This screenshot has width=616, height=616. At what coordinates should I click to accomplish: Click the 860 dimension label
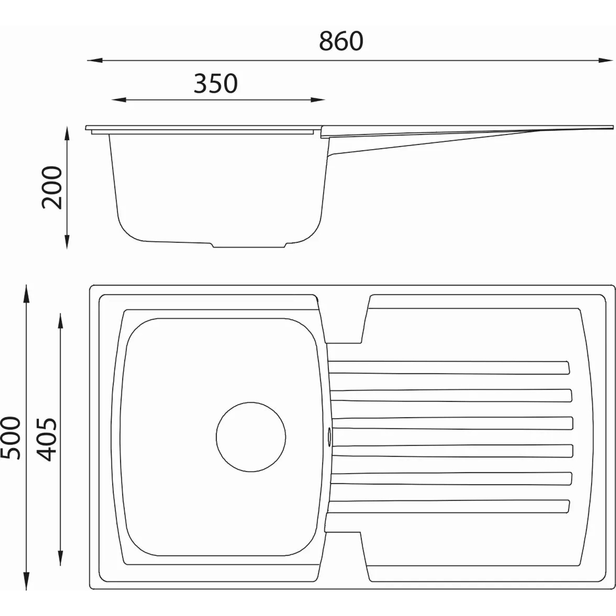pos(341,41)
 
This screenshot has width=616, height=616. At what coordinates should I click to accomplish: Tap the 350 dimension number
pos(216,83)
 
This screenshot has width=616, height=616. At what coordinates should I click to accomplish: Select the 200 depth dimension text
pos(52,188)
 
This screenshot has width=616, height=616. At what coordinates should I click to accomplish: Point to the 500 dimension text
pos(11,438)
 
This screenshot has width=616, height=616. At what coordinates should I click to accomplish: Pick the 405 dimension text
pos(46,439)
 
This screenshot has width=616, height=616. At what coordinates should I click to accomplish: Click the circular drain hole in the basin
pos(251,437)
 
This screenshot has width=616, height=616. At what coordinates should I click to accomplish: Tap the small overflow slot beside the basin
pos(329,437)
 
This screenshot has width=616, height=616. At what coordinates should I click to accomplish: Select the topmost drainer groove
pos(449,368)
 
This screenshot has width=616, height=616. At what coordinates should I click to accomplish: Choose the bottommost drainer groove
pos(449,507)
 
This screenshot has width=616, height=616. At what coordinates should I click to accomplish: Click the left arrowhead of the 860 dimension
pos(94,60)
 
